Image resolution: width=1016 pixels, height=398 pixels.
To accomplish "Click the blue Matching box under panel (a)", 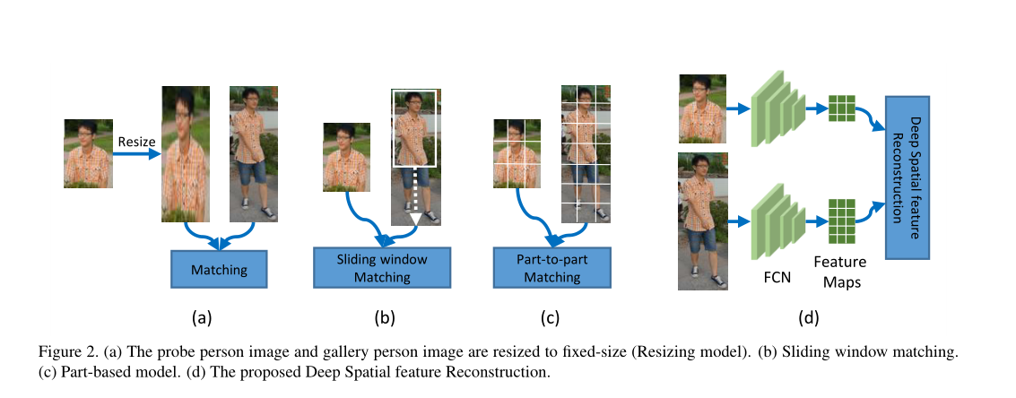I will pyautogui.click(x=219, y=268).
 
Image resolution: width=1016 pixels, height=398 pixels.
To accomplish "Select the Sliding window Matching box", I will pyautogui.click(x=381, y=268).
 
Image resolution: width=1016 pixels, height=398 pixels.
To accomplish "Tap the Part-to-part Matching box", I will pyautogui.click(x=551, y=268).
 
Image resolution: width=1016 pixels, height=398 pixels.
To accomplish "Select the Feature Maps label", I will pyautogui.click(x=839, y=270).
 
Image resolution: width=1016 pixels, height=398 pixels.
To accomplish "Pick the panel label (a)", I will pyautogui.click(x=202, y=316).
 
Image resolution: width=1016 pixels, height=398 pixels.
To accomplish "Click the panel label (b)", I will pyautogui.click(x=383, y=316).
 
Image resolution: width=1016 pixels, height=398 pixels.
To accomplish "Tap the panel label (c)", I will pyautogui.click(x=550, y=316).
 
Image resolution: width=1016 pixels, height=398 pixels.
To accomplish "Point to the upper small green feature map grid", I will pyautogui.click(x=842, y=108).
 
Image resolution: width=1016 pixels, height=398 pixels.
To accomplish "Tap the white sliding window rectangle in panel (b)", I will pyautogui.click(x=413, y=128).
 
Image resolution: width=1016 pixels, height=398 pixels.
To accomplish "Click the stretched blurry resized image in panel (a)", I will pyautogui.click(x=185, y=153).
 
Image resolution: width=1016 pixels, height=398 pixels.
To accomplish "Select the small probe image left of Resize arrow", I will pyautogui.click(x=88, y=153).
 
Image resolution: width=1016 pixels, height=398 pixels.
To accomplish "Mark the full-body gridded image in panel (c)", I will pyautogui.click(x=586, y=153).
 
